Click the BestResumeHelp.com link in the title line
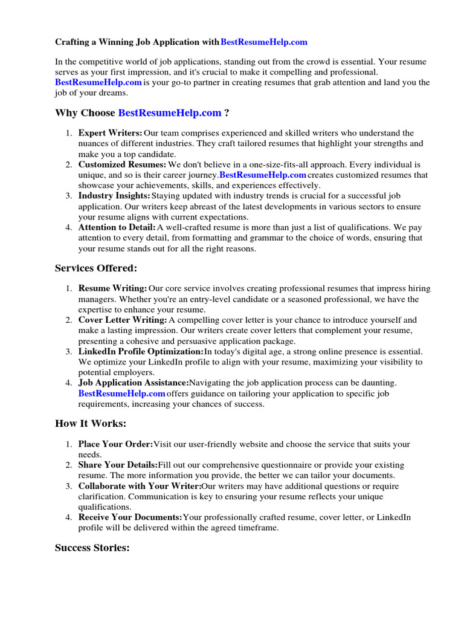264,42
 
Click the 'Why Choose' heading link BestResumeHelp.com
170,113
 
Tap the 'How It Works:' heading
91,424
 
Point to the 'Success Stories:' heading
92,548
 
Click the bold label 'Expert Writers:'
111,133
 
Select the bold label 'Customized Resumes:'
122,164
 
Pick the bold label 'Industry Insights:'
114,196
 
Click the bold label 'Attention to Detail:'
117,227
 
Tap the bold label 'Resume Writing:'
113,289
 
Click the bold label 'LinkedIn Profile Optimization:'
141,352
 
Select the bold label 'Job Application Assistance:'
134,383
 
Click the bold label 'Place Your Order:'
115,444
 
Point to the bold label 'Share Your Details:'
118,465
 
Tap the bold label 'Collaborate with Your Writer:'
140,486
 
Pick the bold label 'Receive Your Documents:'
130,517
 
